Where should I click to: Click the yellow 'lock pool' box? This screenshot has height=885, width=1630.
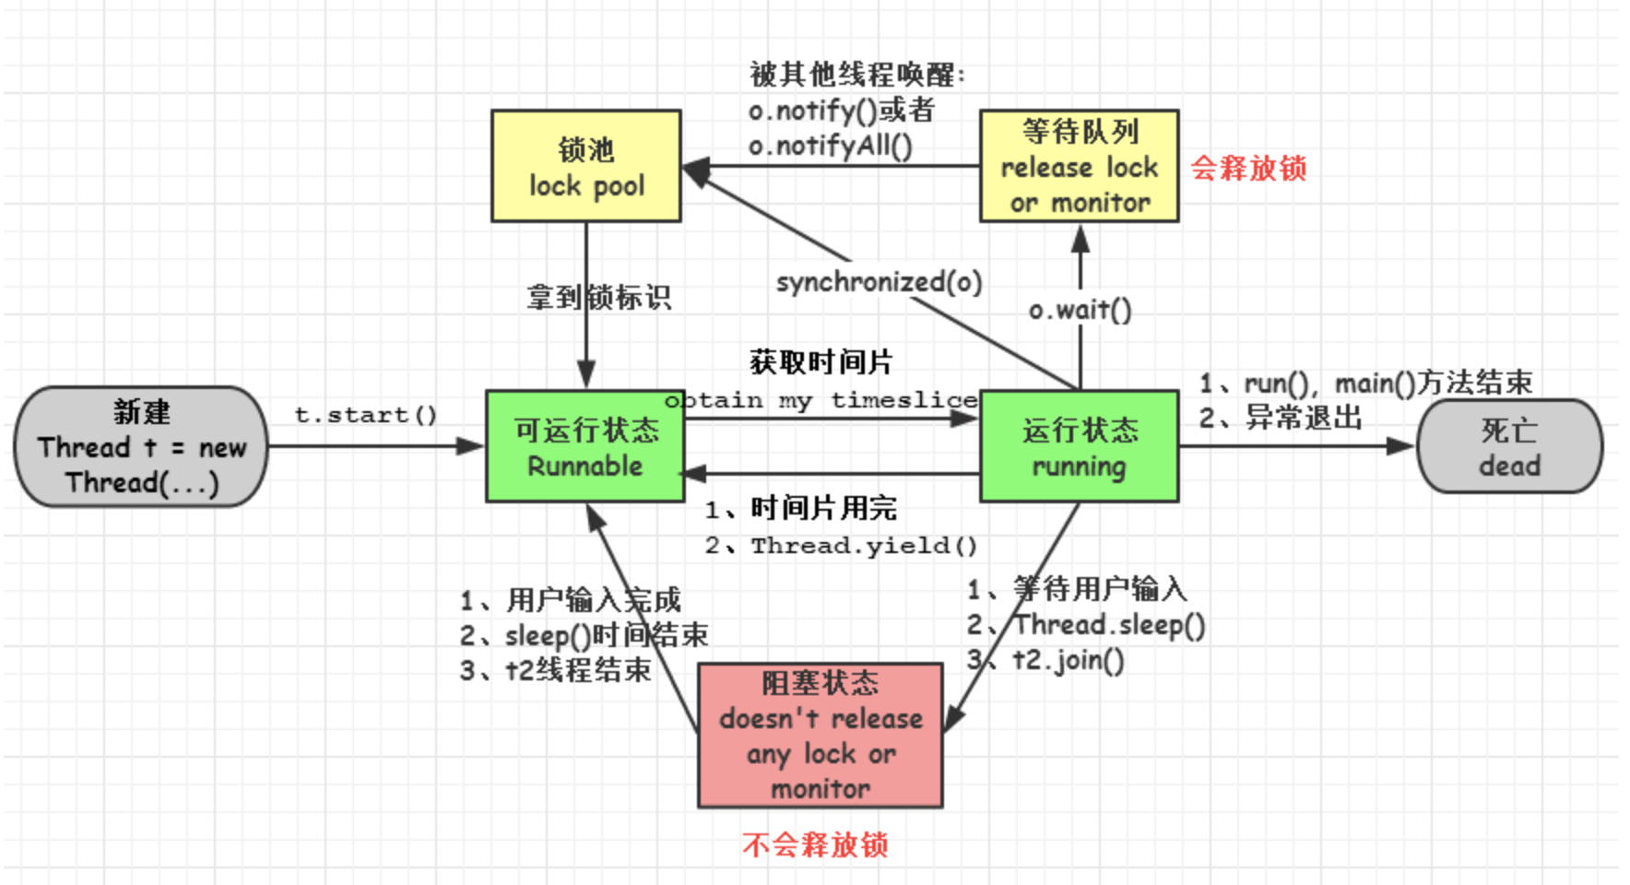pyautogui.click(x=586, y=166)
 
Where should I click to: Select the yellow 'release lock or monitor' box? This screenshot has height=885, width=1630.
pyautogui.click(x=1079, y=166)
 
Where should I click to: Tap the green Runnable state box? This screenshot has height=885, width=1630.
pyautogui.click(x=585, y=446)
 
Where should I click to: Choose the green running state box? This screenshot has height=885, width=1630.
pyautogui.click(x=1079, y=446)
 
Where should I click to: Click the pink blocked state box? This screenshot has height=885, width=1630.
pyautogui.click(x=820, y=735)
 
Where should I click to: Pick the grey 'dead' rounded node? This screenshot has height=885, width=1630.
pyautogui.click(x=1509, y=446)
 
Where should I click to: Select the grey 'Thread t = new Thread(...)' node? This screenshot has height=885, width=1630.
pyautogui.click(x=141, y=446)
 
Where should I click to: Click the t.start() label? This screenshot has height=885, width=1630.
pyautogui.click(x=365, y=415)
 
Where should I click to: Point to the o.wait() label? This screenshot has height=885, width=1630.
pyautogui.click(x=1080, y=310)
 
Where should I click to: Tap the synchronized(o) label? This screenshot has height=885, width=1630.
pyautogui.click(x=879, y=282)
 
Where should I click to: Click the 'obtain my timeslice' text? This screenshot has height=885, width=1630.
pyautogui.click(x=821, y=400)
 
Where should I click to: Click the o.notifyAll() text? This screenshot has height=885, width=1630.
pyautogui.click(x=830, y=146)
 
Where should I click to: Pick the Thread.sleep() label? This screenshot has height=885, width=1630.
pyautogui.click(x=1109, y=625)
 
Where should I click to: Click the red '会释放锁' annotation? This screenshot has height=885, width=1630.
pyautogui.click(x=1248, y=168)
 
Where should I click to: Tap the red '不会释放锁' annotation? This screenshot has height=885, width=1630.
pyautogui.click(x=815, y=844)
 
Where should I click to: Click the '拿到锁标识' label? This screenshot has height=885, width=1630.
pyautogui.click(x=598, y=297)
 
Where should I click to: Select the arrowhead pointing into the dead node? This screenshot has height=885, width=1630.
pyautogui.click(x=1401, y=446)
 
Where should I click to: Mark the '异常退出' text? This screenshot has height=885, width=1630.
pyautogui.click(x=1304, y=418)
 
